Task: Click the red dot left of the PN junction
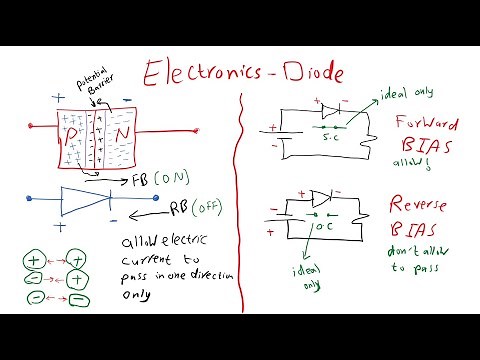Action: coord(30,127)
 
